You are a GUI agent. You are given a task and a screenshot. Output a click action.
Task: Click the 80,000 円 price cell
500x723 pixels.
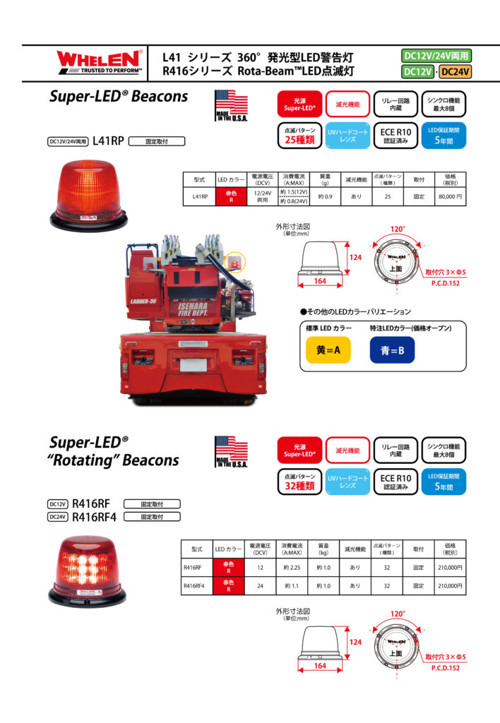pyautogui.click(x=450, y=198)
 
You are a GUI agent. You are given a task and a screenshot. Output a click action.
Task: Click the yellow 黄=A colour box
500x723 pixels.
pyautogui.click(x=327, y=349)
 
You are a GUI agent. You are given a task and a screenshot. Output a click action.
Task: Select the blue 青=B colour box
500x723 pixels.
pyautogui.click(x=392, y=349)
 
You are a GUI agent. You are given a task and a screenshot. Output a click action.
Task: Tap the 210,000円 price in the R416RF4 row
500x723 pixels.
pyautogui.click(x=450, y=585)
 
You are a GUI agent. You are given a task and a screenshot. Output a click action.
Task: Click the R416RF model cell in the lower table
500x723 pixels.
pyautogui.click(x=192, y=567)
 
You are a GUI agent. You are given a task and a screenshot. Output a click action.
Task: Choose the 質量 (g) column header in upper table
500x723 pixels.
pyautogui.click(x=326, y=179)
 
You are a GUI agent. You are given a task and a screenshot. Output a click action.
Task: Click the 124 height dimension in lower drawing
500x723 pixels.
pyautogui.click(x=355, y=642)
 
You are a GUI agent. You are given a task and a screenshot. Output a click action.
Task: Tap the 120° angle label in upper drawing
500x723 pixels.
pyautogui.click(x=398, y=229)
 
